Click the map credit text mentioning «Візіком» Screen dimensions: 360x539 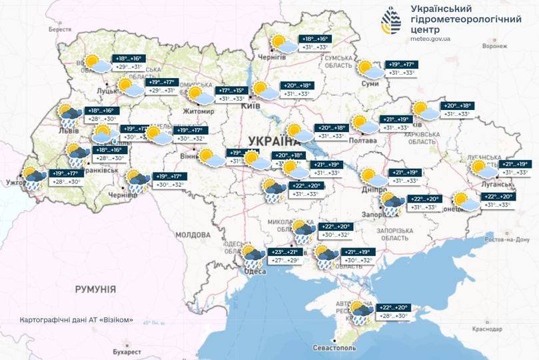(x=77, y=319)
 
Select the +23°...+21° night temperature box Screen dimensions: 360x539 (x=285, y=252)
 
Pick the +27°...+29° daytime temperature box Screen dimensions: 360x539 (x=285, y=261)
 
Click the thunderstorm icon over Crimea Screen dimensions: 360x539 (x=362, y=313)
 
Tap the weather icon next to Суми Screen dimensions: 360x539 (x=367, y=68)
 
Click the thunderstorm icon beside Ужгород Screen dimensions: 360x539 (x=34, y=178)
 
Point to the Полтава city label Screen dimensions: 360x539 (x=369, y=141)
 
